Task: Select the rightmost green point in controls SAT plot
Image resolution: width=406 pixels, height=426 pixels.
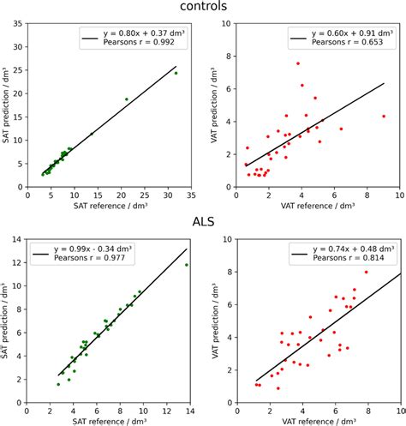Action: tap(176, 73)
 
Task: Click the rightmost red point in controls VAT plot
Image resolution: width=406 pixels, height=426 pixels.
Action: tap(384, 117)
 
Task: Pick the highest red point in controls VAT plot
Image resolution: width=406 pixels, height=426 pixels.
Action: tap(298, 63)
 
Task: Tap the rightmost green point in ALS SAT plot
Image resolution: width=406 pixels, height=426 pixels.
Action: tap(187, 265)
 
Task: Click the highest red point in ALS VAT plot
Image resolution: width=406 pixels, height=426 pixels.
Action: tap(367, 272)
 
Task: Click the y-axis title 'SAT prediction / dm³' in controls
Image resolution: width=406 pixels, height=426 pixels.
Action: tap(8, 106)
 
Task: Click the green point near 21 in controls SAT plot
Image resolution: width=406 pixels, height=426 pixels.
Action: tap(127, 99)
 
